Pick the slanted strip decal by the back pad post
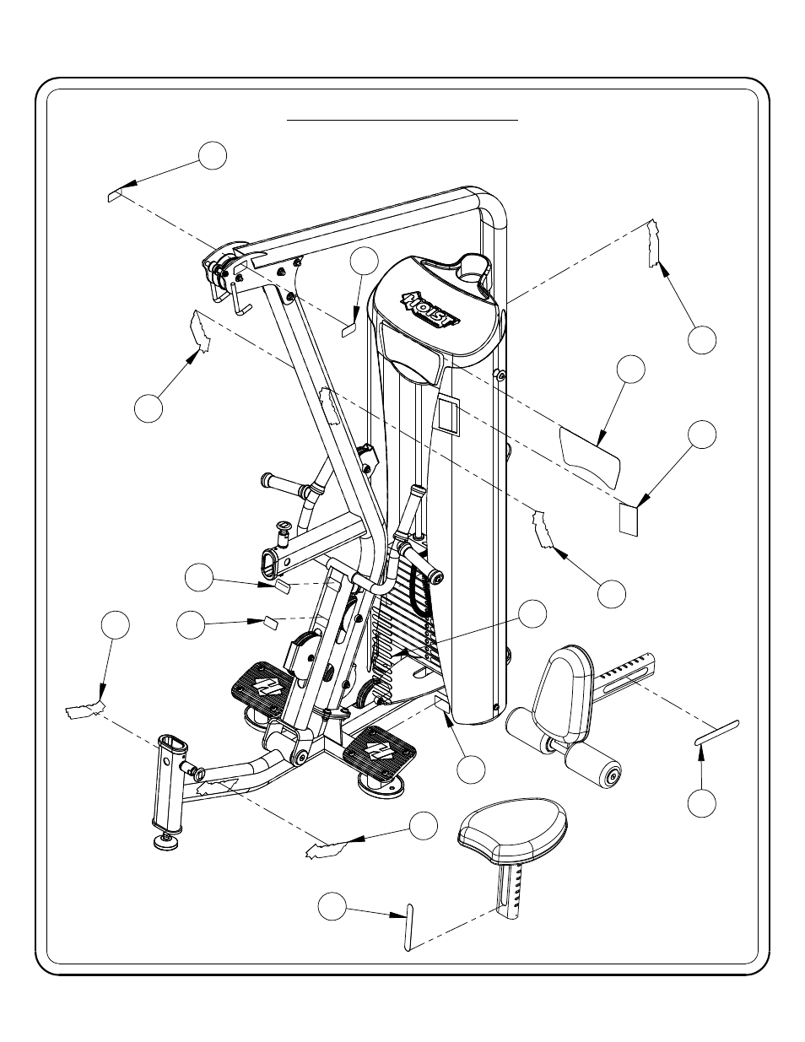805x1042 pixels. click(x=716, y=732)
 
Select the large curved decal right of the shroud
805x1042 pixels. click(x=592, y=456)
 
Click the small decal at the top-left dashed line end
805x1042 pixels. click(x=115, y=195)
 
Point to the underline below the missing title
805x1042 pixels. click(x=402, y=121)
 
